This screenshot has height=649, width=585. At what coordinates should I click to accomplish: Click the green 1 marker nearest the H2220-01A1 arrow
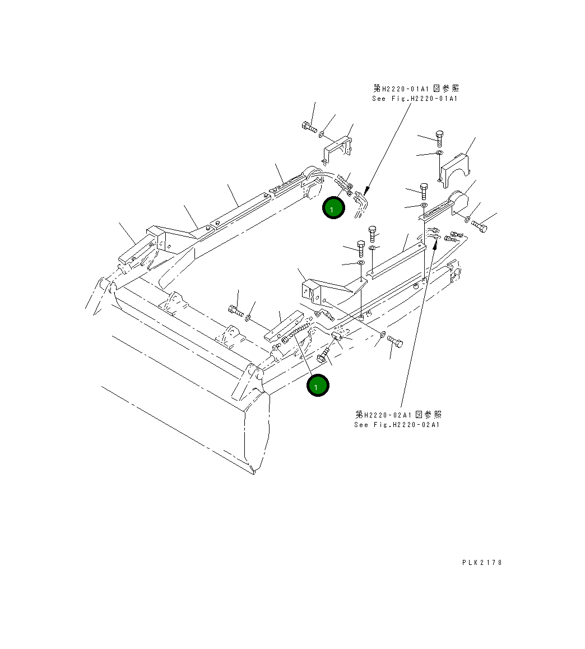333,208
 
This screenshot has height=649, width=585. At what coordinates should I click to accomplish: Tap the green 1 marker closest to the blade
318,386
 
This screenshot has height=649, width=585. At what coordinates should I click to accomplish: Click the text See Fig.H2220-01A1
415,99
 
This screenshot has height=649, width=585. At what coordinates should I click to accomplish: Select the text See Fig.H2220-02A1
397,425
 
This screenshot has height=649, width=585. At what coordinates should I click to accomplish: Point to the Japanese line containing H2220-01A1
416,89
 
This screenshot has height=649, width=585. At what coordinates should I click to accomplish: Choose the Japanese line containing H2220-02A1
398,415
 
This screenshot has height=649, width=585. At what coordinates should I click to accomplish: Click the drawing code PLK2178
482,563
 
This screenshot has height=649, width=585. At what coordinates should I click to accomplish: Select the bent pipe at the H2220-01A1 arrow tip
360,202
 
